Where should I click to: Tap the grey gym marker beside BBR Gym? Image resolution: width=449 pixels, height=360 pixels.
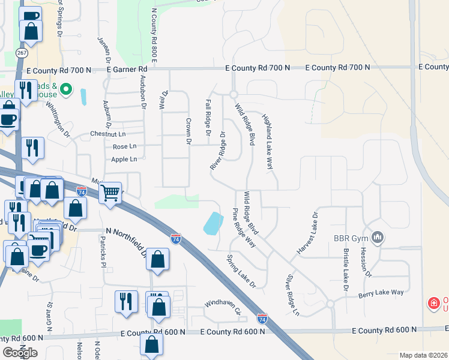click(378, 238)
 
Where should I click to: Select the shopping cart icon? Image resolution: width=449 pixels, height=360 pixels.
click(110, 193)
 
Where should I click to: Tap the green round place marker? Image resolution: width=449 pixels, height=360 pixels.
click(67, 91)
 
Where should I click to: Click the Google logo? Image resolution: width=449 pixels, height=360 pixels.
click(20, 352)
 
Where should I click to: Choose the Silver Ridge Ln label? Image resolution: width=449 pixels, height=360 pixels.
click(292, 295)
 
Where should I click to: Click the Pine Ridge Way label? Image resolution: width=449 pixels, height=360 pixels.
click(244, 228)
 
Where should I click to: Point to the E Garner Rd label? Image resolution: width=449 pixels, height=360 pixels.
click(127, 70)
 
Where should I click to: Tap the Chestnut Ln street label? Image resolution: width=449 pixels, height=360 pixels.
click(108, 133)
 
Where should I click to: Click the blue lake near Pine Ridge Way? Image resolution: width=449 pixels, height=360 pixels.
click(212, 223)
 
